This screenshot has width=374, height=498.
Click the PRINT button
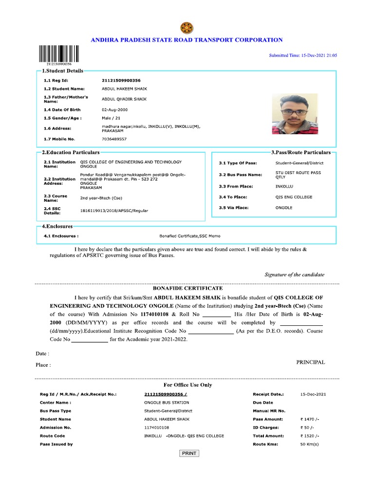pos(189,453)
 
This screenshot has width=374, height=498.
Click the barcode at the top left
pos(55,53)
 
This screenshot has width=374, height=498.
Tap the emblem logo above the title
pos(187,27)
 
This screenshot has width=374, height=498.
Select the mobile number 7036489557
pos(114,139)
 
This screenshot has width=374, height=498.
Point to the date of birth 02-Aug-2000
pos(115,110)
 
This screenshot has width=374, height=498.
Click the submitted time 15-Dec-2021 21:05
pos(303,55)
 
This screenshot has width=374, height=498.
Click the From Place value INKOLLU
pos(285,186)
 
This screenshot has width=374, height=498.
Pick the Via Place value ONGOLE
pos(284,208)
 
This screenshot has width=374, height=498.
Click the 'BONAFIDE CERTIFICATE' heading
pos(187,288)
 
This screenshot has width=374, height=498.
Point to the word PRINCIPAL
pos(310,362)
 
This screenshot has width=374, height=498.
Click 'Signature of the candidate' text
pos(294,275)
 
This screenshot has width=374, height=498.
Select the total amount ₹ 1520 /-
pos(310,436)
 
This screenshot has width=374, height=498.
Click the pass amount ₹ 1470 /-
pos(310,419)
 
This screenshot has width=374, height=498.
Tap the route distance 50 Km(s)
pos(309,445)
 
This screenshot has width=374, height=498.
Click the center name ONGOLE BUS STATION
pos(167,403)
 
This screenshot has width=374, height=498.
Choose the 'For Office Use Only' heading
pos(187,385)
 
